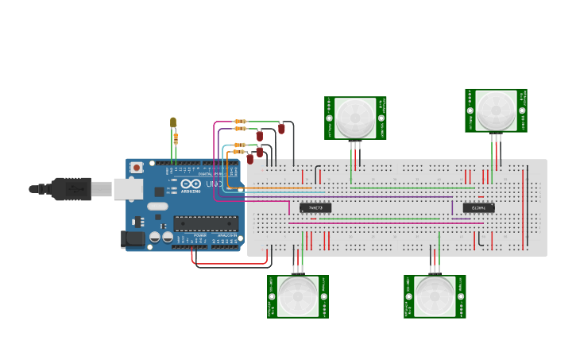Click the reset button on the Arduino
coord(137,167)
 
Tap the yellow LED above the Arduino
coord(173,122)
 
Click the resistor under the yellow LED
coord(176,138)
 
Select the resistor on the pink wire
coord(240,122)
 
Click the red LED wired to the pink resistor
coord(281,128)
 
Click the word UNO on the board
coord(213,184)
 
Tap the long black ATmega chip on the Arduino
coord(206,224)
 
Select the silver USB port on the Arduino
coord(127,189)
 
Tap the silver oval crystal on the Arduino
coord(157,207)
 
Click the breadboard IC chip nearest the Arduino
coord(315,207)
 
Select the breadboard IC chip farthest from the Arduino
coord(478,208)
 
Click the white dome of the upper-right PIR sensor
coord(496,110)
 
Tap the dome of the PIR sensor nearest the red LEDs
coord(355,118)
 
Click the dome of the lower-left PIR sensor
coord(298,296)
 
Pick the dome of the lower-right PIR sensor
coord(435,296)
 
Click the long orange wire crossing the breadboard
coord(358,188)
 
